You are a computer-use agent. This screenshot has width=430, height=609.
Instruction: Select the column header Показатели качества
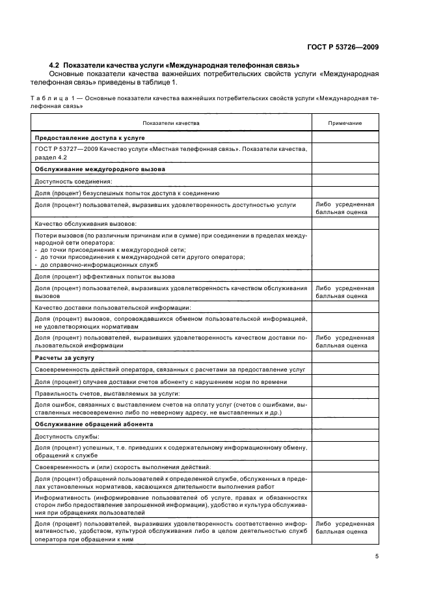(172, 122)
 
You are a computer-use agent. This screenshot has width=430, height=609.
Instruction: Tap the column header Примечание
(345, 122)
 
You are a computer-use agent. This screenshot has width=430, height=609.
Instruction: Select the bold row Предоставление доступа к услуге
(89, 138)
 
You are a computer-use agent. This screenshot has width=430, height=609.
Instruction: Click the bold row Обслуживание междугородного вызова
(100, 169)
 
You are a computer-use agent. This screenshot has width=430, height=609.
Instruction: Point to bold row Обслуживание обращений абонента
(94, 424)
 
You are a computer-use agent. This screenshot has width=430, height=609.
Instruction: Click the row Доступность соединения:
(74, 181)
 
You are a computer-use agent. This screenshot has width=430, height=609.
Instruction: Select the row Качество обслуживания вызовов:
(85, 223)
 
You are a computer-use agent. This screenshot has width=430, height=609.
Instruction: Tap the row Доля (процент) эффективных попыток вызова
(104, 276)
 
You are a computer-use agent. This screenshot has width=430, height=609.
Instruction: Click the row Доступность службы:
(66, 436)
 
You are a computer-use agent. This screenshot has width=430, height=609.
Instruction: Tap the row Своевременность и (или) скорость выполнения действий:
(113, 467)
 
